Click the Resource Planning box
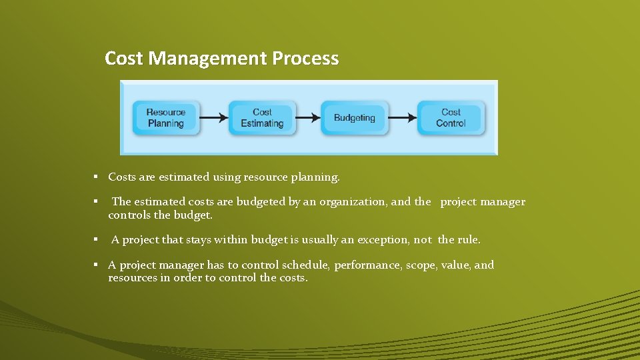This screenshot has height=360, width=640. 165,118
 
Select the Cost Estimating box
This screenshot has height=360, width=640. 262,118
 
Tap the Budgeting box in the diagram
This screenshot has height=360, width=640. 354,118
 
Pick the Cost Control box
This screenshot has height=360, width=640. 451,118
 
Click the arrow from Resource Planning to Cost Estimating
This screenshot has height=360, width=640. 213,118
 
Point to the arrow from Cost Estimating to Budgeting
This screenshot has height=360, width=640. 307,118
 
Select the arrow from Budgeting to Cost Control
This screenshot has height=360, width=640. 402,118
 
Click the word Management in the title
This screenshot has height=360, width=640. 208,59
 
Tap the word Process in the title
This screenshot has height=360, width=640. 305,59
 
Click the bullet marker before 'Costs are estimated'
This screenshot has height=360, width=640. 96,177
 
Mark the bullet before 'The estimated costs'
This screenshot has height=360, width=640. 96,201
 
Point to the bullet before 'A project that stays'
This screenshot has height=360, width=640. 96,239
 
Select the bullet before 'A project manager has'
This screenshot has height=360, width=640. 96,265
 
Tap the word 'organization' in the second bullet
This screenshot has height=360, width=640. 354,202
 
